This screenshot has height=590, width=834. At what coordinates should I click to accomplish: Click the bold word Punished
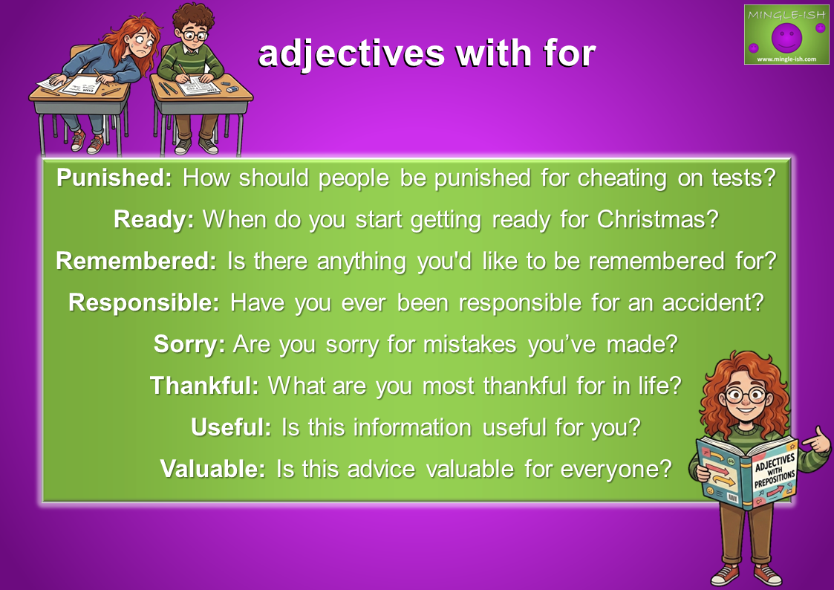coord(114,178)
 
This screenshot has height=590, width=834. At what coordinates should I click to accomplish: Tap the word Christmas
coord(657,219)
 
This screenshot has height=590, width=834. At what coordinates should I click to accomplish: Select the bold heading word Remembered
coord(136,261)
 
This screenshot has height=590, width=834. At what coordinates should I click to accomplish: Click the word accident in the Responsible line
coord(713,302)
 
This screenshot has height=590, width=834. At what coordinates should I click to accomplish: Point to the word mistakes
coord(469,344)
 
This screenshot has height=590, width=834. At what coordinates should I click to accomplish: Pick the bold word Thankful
coord(204,385)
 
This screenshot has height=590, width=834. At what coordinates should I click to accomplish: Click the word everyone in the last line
coord(616,469)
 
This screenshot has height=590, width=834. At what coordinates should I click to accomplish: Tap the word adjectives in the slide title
coord(351,54)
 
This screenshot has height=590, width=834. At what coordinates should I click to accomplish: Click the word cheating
coord(622,178)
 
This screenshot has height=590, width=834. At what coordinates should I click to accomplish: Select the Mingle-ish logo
coord(786,35)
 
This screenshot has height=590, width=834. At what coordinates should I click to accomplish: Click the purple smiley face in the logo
coord(786,37)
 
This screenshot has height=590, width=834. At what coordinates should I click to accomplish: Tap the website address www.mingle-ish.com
coord(786,59)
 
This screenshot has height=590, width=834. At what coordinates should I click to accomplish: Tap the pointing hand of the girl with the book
coord(816,441)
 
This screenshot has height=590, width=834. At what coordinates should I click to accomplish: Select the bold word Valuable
coord(212,469)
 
